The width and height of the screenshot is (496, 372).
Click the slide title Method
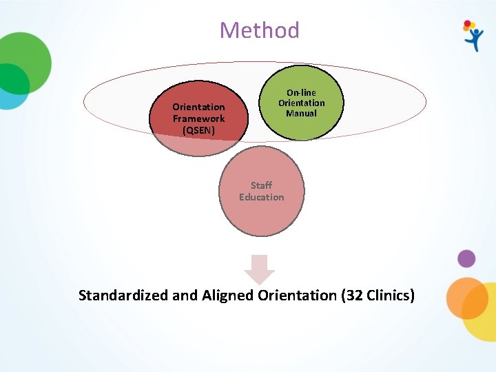[x=259, y=30]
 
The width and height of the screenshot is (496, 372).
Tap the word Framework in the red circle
[x=198, y=118]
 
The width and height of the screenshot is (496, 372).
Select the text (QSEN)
[x=198, y=130]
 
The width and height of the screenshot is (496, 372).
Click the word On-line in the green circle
[x=301, y=92]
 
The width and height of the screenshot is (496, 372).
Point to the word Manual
[x=301, y=113]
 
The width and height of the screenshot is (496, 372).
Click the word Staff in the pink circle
[x=261, y=185]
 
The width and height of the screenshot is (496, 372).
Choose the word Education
[x=261, y=197]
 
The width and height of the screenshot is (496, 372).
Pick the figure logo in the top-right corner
[x=473, y=36]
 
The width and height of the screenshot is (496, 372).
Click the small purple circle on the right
[x=466, y=259]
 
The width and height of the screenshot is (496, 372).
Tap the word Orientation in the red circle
[x=198, y=107]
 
